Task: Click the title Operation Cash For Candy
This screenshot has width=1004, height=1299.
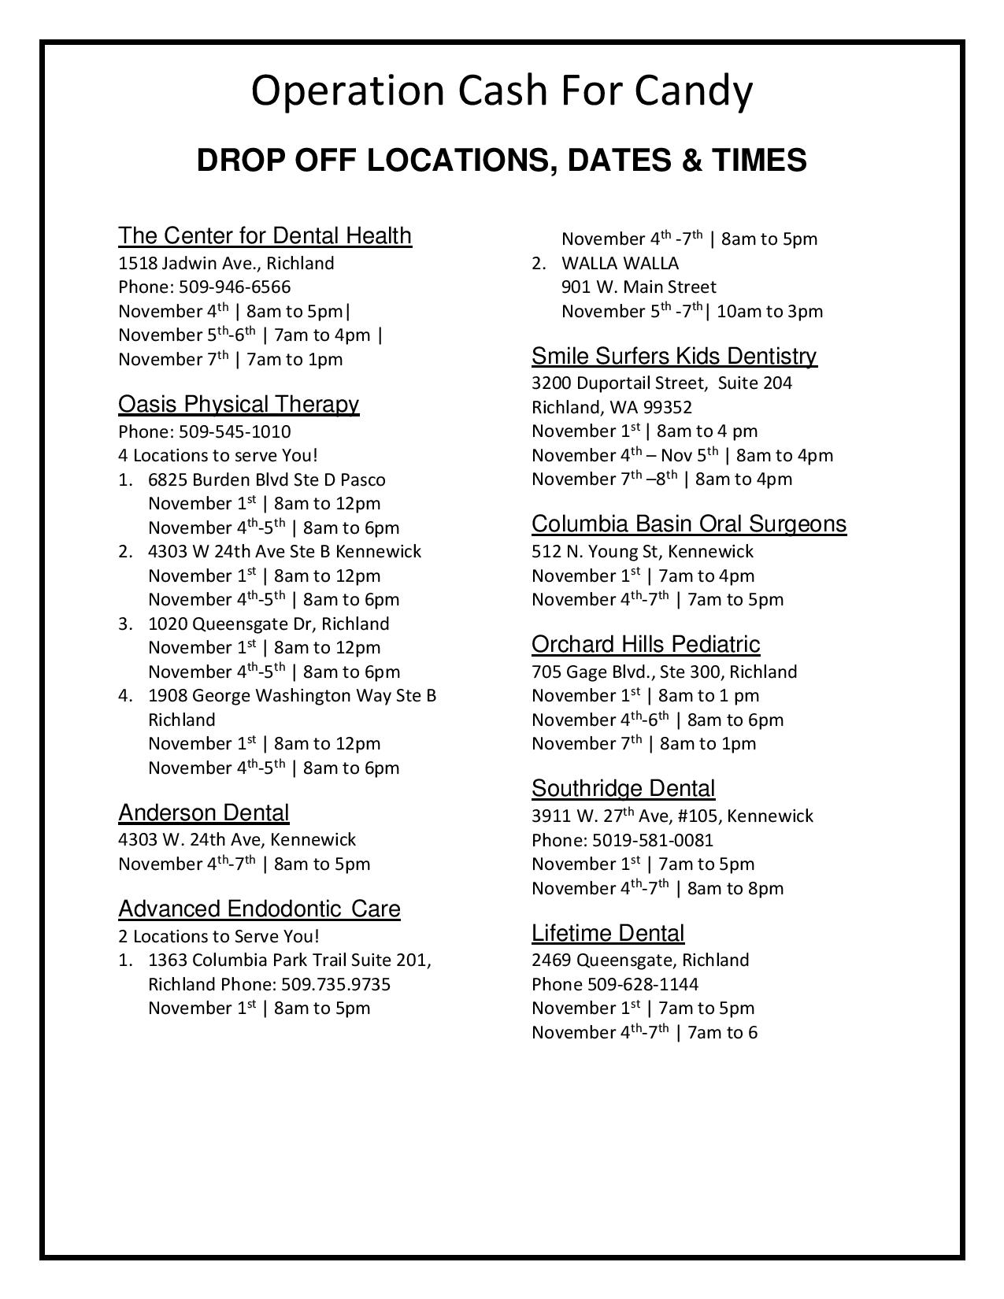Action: (502, 91)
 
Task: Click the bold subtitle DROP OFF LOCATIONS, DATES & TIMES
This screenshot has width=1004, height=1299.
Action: (502, 160)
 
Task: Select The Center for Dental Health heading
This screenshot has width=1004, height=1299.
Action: (265, 235)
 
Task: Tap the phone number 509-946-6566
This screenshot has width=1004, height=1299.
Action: (235, 287)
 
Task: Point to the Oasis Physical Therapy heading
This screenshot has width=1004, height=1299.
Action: (239, 404)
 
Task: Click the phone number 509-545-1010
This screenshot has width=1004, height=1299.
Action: (235, 431)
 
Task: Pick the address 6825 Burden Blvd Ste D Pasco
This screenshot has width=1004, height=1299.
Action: (266, 479)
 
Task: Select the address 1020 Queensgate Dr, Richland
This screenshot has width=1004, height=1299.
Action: (268, 624)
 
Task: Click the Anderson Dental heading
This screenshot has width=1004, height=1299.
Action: (203, 812)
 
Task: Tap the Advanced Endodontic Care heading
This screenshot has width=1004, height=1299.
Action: (259, 909)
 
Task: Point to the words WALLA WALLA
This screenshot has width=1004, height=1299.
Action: (620, 263)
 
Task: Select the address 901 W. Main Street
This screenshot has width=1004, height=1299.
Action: (639, 287)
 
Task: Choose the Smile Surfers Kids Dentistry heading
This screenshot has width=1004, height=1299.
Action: (674, 356)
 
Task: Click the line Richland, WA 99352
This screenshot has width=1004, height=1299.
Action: (611, 407)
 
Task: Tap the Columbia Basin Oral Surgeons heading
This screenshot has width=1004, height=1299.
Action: (689, 524)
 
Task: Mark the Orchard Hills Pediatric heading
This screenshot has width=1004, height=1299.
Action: (646, 644)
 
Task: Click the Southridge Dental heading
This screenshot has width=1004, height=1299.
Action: (623, 788)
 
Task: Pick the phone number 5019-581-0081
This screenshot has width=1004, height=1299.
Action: (652, 840)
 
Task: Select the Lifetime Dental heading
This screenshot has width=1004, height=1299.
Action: (608, 933)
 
